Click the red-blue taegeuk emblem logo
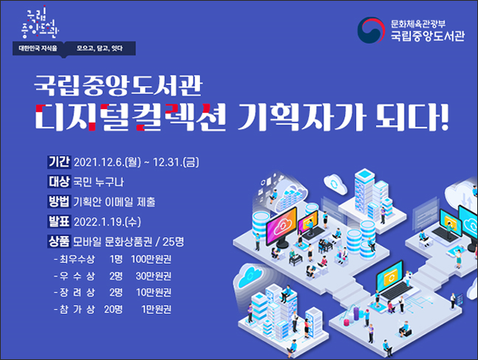pos(371,30)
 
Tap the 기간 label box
pos(59,162)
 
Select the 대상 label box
pos(59,182)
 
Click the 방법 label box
pos(59,202)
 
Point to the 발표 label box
pos(59,221)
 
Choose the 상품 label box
pos(59,241)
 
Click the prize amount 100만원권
pos(151,260)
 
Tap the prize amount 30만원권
pos(153,276)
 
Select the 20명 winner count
pos(113,309)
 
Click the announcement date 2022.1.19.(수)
pos(108,222)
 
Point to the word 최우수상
pos(77,260)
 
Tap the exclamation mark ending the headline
pos(445,117)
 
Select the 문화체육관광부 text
pos(418,24)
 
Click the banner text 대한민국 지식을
pos(37,48)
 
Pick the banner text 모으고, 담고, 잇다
pos(100,48)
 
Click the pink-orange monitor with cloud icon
pos(281,225)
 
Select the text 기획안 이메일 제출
pos(114,202)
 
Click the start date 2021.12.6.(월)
pos(108,162)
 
